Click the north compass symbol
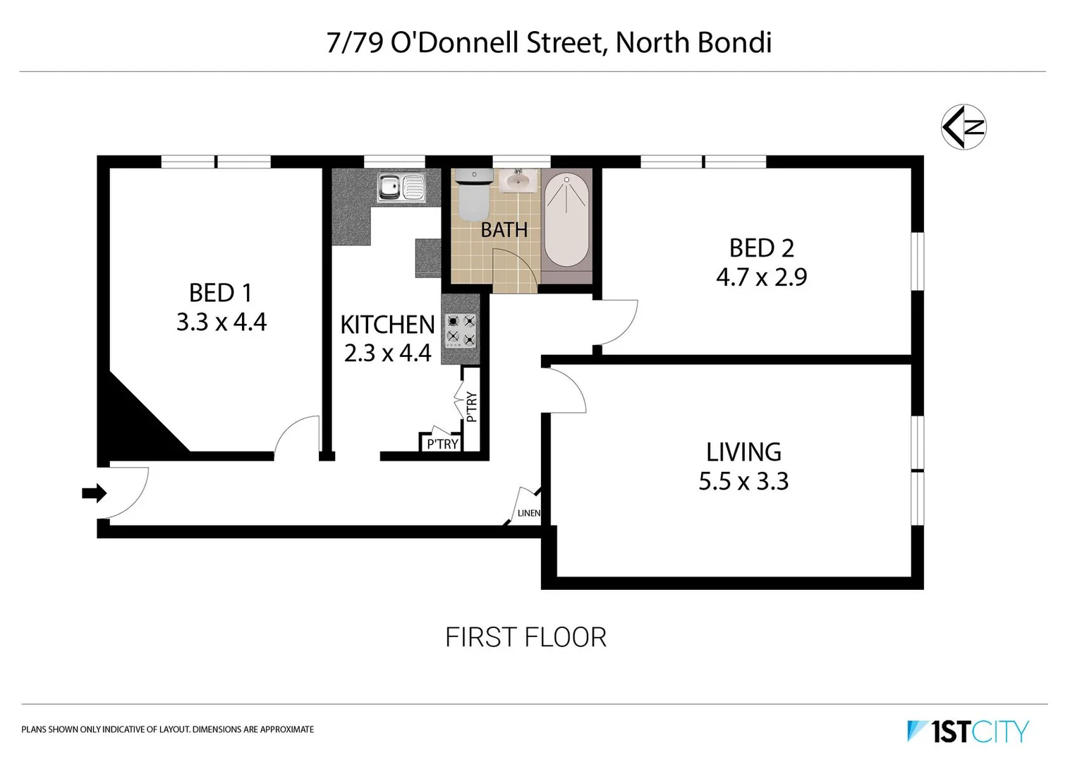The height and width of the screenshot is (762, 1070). [963, 127]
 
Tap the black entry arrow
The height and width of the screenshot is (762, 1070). [94, 492]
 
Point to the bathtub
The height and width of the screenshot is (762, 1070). [566, 220]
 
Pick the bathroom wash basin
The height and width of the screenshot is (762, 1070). [518, 181]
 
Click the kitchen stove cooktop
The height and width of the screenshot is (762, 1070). [461, 329]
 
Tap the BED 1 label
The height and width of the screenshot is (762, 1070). [220, 293]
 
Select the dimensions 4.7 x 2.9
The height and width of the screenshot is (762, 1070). [762, 277]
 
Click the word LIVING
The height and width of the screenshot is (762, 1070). [743, 452]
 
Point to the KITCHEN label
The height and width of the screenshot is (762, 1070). [387, 325]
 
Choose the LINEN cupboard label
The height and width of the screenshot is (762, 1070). [529, 513]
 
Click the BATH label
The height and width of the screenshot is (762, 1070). [504, 229]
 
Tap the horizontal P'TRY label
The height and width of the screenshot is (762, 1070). [442, 444]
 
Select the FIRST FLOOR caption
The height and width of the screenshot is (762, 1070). [525, 637]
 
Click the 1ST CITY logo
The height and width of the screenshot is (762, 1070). [968, 731]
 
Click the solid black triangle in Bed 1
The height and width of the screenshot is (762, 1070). [134, 423]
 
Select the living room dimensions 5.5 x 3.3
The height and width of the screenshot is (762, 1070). [743, 481]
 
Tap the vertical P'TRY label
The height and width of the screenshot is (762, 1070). [471, 407]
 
